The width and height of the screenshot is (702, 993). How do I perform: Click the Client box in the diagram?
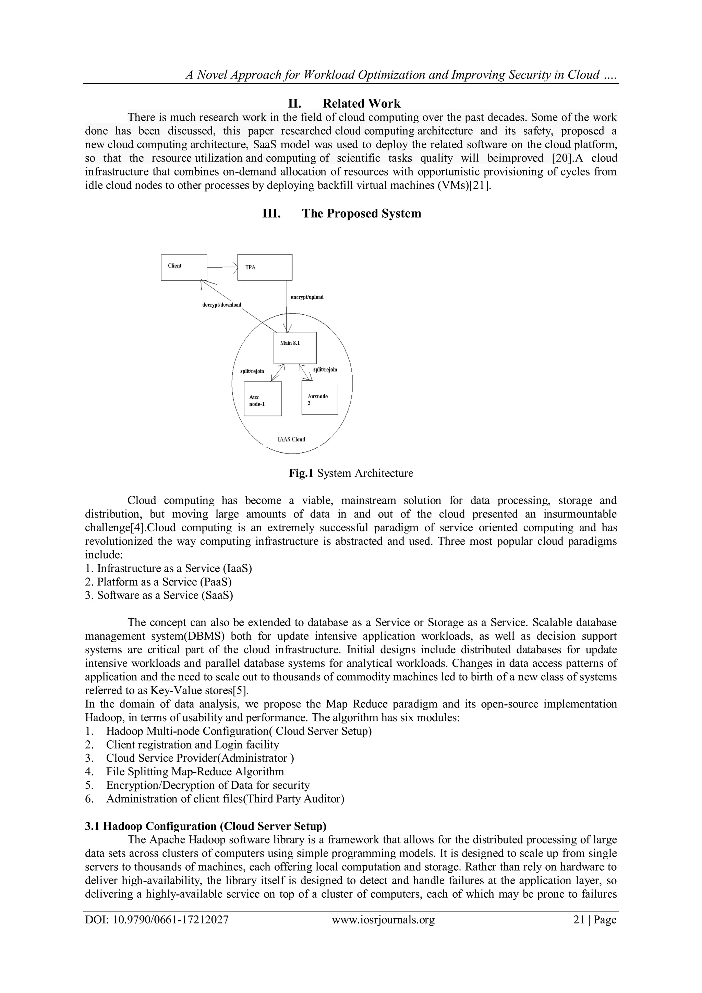[x=184, y=267]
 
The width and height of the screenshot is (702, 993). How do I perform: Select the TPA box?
[x=265, y=267]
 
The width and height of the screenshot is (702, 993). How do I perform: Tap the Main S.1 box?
[x=295, y=348]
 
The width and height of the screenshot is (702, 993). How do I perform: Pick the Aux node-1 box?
[x=263, y=399]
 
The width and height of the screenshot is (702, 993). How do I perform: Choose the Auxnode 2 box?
[x=320, y=399]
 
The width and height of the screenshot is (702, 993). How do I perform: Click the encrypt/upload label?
[x=307, y=297]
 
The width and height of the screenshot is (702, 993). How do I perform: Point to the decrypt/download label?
[x=221, y=305]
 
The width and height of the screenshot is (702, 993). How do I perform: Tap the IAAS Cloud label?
[x=291, y=439]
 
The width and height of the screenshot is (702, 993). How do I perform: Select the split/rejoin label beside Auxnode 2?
[x=325, y=370]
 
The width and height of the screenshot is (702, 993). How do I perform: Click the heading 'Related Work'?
[x=362, y=104]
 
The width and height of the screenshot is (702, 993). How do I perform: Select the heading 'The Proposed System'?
[x=361, y=214]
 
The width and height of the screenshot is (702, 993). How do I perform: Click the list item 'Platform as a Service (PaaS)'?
[x=164, y=582]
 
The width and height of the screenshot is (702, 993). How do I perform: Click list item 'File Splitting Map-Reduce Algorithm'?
[x=195, y=772]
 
